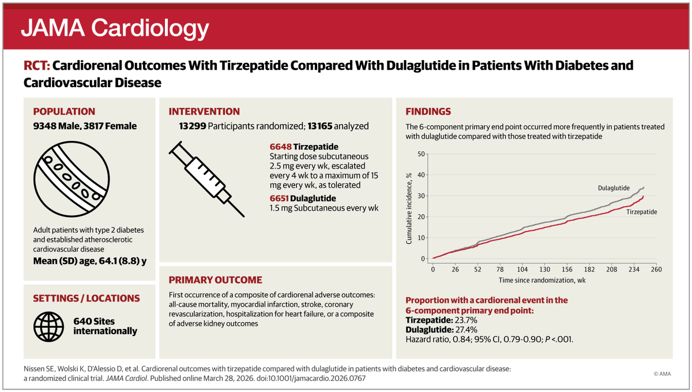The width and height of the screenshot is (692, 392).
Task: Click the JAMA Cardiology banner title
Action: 115,28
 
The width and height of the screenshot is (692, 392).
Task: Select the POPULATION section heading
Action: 64,111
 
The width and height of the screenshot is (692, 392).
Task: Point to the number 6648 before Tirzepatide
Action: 280,147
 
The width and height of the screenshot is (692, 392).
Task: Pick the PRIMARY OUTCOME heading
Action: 215,280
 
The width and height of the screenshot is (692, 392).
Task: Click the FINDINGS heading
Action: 428,111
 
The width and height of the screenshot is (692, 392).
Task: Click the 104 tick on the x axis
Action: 522,269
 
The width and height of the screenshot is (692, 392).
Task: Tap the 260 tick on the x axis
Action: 656,269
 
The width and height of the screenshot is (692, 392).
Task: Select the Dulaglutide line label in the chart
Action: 613,188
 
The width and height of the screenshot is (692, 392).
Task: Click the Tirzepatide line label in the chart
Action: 641,212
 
